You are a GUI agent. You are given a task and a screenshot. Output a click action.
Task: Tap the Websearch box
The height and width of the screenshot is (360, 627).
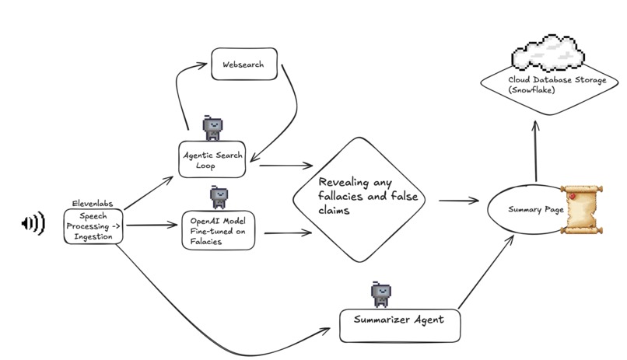click(244, 65)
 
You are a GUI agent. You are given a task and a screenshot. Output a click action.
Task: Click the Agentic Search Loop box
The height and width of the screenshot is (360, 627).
click(212, 159)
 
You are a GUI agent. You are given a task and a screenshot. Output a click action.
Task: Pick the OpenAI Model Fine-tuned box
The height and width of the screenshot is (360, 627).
click(219, 230)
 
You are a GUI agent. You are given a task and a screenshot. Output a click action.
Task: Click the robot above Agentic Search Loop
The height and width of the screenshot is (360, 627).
click(212, 127)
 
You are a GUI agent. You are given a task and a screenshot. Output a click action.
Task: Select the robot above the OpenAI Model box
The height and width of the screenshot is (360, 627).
click(219, 197)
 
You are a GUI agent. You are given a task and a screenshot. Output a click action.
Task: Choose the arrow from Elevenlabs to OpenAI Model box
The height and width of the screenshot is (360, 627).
click(152, 225)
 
